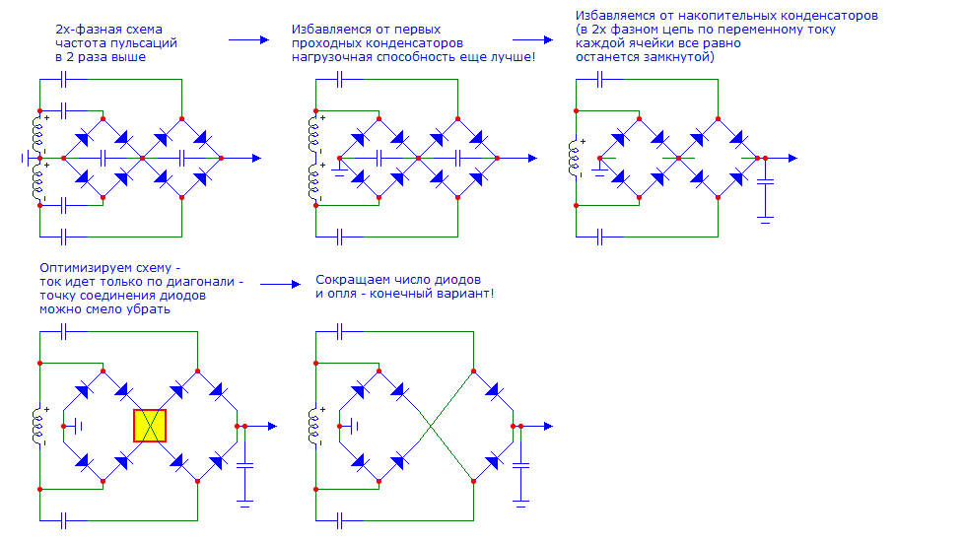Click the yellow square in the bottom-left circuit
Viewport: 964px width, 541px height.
click(x=150, y=426)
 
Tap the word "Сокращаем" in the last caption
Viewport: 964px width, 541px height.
click(x=346, y=279)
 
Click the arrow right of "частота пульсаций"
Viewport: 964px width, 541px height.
click(x=248, y=40)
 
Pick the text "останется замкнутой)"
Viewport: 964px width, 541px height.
click(x=646, y=57)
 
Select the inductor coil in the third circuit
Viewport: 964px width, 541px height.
click(x=574, y=158)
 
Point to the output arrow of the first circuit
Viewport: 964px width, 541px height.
click(x=254, y=158)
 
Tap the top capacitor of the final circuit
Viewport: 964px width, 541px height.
click(x=341, y=332)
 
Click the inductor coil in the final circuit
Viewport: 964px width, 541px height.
click(x=316, y=426)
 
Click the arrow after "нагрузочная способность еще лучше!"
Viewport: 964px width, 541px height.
click(x=532, y=40)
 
